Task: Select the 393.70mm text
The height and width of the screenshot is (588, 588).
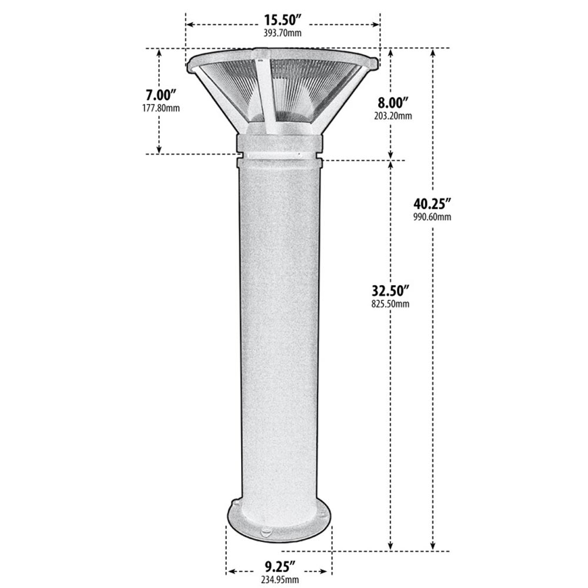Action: click(x=283, y=34)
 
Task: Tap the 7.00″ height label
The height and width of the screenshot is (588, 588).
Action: click(x=161, y=95)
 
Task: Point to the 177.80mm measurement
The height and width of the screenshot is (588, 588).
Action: click(x=161, y=108)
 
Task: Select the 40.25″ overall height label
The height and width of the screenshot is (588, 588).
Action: click(x=432, y=205)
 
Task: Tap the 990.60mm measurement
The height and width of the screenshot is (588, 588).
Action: click(x=432, y=218)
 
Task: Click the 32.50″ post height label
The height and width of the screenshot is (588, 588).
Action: click(x=390, y=290)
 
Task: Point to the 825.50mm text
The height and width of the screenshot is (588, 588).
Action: click(x=390, y=303)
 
